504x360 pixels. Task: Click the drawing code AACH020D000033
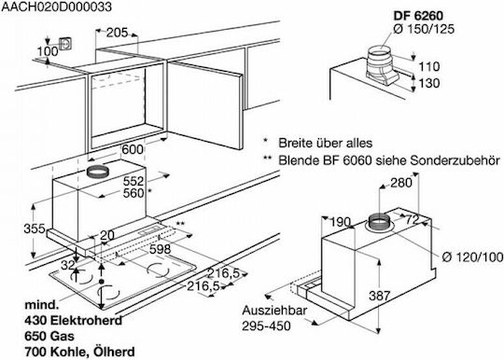57,7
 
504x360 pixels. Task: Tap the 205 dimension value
117,33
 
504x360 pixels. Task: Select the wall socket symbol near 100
65,45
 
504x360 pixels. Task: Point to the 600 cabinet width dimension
133,149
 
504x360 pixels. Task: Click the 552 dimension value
133,182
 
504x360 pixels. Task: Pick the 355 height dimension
35,228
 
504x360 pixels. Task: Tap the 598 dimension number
161,249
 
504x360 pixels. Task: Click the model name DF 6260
418,16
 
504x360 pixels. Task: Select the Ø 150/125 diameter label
424,29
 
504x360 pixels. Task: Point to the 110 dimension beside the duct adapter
429,66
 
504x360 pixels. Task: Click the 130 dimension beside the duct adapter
429,83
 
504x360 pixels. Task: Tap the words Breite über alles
326,143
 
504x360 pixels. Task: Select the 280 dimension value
401,183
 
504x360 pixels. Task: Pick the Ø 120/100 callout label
472,256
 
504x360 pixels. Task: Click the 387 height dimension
380,296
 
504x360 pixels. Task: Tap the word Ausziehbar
274,311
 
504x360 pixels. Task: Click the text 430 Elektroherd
74,320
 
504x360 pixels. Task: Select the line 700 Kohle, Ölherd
79,352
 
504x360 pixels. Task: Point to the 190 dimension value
340,222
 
